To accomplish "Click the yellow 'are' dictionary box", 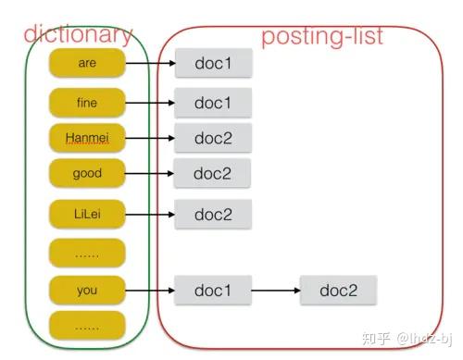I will tap(86, 64).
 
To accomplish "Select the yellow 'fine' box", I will tap(86, 102).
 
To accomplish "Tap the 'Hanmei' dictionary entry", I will tap(86, 138).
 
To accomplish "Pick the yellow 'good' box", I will tap(86, 173).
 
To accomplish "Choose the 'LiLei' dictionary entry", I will tap(86, 214).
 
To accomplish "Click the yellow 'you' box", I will tap(86, 290).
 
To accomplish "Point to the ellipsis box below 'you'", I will tap(86, 326).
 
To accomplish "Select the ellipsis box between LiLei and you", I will tap(86, 252).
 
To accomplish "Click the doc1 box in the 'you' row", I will tap(212, 290).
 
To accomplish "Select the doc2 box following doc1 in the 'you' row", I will tap(340, 290).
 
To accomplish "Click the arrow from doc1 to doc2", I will tap(275, 290).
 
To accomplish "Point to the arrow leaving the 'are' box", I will tap(148, 65).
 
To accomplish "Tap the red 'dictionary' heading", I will tap(79, 35).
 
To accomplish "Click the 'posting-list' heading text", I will tap(322, 37).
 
